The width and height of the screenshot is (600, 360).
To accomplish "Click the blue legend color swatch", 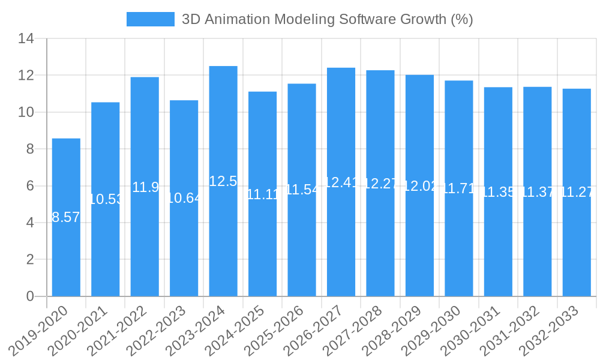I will (x=150, y=19).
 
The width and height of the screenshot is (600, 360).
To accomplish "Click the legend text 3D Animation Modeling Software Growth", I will (x=327, y=19).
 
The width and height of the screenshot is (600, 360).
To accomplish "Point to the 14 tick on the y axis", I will (x=26, y=39).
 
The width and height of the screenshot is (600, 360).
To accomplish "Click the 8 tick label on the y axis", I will (x=30, y=149).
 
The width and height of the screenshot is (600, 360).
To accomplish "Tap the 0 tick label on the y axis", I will (x=30, y=296).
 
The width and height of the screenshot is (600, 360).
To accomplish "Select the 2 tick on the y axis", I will (x=30, y=260).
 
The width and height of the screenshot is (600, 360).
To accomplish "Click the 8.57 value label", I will (x=66, y=217).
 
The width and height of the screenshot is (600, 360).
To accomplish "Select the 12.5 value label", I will (x=223, y=181).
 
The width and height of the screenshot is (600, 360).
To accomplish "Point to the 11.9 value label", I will (x=145, y=187).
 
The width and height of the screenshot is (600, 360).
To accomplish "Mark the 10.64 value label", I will (x=184, y=198).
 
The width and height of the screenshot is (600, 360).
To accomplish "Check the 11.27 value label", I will (x=577, y=193).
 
